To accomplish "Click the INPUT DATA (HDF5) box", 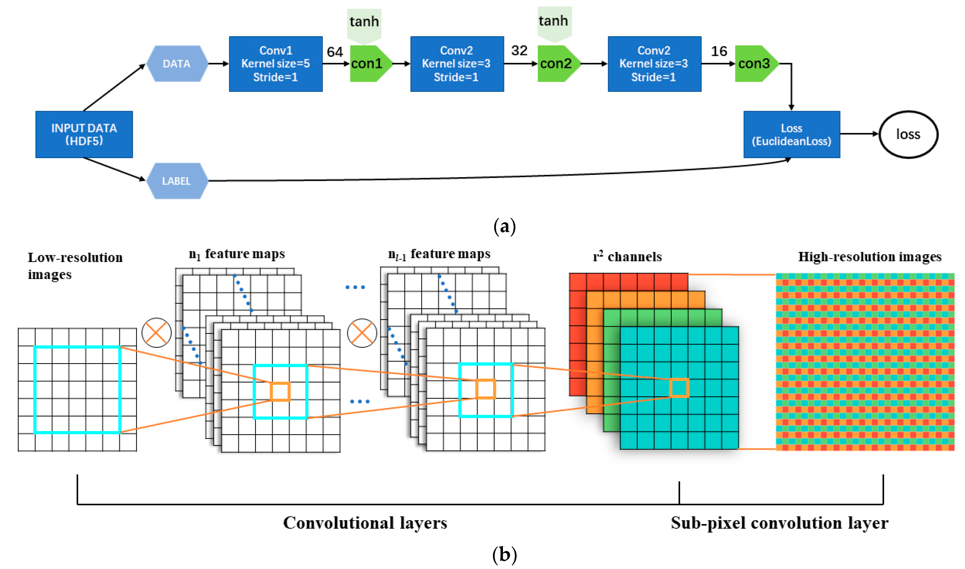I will pos(84,134).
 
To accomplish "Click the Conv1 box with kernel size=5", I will pos(276,64).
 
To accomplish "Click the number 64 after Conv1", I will pos(334,52).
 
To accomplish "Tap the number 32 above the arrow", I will pos(519,51).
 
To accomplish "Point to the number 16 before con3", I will pos(719,51).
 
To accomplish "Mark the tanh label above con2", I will pos(553,21).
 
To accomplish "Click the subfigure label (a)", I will pos(504,227).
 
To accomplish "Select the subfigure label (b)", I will pos(504,554).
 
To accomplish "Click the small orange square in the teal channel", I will pos(679,388).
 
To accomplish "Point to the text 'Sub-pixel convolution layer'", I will pos(779,523).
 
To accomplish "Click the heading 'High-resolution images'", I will pos(870,257).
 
